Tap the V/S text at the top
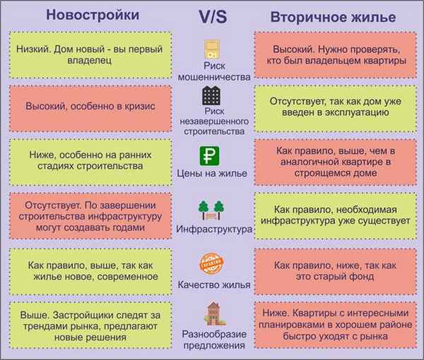pyautogui.click(x=213, y=15)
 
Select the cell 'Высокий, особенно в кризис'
pyautogui.click(x=90, y=106)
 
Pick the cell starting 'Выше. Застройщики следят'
pyautogui.click(x=90, y=326)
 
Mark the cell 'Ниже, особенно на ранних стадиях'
pyautogui.click(x=90, y=160)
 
